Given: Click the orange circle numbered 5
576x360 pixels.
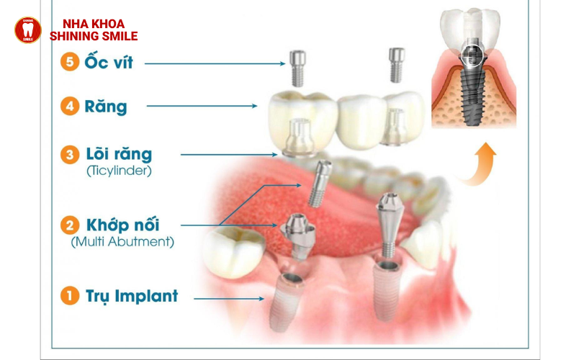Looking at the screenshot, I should point(70,62).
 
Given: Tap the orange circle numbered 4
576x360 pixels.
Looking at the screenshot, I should point(70,107).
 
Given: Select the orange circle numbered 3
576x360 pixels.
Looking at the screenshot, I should point(70,154).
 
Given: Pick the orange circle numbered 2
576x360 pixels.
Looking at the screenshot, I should point(70,225).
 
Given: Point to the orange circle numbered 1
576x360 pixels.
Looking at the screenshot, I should point(70,296).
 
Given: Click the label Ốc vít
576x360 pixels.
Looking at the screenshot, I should point(108,62).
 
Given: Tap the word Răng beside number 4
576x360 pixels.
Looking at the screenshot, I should point(106,107).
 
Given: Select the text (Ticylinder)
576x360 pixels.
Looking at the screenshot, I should point(119,171).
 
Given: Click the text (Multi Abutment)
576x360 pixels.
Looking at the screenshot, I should point(122,243).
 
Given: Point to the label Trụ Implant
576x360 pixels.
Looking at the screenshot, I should point(131,296).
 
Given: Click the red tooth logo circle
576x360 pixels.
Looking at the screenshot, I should point(28,30).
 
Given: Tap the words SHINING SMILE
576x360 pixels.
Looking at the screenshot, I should point(94,36).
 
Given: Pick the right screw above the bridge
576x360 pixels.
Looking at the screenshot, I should point(397,65).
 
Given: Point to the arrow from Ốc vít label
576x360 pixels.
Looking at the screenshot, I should point(216,63).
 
